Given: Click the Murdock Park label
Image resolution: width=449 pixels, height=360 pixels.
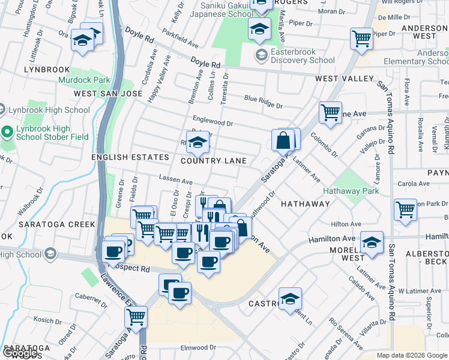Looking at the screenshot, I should [x=84, y=79].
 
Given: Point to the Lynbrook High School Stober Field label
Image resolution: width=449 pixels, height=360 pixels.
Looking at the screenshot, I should [x=52, y=133].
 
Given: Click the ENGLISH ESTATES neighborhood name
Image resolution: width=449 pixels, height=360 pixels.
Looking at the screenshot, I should [x=130, y=157].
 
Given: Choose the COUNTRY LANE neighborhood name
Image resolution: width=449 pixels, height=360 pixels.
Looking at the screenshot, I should [x=214, y=161].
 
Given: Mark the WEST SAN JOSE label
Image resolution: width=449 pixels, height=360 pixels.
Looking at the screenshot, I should [x=108, y=94].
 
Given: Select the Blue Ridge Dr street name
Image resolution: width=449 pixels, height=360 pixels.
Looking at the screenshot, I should [x=263, y=101].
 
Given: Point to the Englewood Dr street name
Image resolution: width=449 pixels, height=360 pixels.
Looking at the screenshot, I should [x=212, y=121].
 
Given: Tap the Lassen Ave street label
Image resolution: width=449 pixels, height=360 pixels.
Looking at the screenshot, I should [x=175, y=179].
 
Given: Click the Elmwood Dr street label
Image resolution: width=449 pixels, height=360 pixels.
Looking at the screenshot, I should [x=197, y=347].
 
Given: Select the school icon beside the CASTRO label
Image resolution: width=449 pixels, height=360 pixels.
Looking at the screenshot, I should [x=290, y=299].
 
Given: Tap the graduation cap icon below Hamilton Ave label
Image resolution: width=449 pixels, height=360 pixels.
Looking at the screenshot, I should [x=372, y=244].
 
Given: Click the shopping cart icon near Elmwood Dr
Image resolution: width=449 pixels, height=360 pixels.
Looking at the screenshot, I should [x=137, y=316].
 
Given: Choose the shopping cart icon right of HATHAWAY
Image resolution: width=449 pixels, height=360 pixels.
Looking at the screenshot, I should [x=406, y=210].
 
